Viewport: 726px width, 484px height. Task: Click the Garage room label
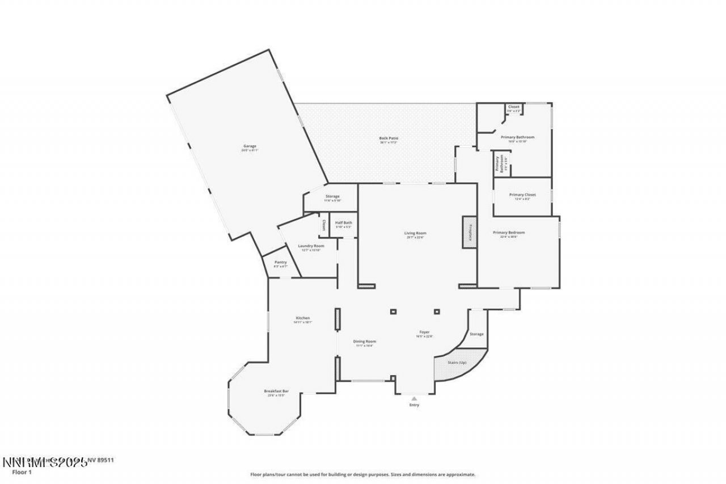(x=250, y=146)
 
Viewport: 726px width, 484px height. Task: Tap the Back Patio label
(x=389, y=138)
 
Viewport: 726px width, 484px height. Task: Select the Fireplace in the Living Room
(x=470, y=232)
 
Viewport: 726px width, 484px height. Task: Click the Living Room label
(x=415, y=233)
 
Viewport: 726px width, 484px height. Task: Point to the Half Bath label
(x=344, y=223)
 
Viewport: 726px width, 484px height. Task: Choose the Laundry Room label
(x=311, y=246)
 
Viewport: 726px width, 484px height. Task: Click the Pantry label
(x=281, y=263)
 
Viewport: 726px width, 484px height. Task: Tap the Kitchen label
(x=303, y=318)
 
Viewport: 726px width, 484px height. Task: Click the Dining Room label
(x=365, y=342)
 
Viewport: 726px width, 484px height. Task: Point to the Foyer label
(x=424, y=333)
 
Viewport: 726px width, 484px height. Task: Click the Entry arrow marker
(x=414, y=398)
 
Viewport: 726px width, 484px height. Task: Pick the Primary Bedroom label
(x=508, y=233)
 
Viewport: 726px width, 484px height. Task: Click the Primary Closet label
(x=522, y=195)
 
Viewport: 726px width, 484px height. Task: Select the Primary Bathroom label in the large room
(x=517, y=137)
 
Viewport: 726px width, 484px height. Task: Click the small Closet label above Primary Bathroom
(x=513, y=107)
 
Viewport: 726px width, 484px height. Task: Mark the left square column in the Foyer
(x=393, y=311)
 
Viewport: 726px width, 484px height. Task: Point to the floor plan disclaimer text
(x=363, y=474)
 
